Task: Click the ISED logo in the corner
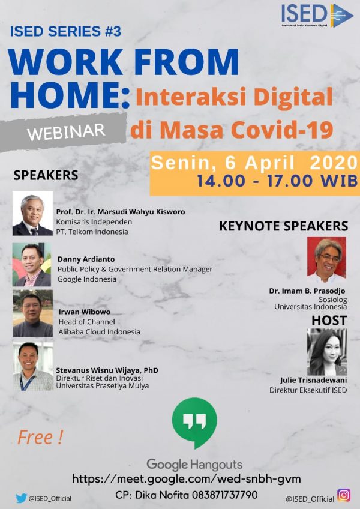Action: (x=317, y=15)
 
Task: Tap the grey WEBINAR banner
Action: (x=64, y=132)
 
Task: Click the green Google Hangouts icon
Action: (x=194, y=423)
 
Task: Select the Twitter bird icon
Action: (x=21, y=498)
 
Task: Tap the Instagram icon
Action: (x=344, y=495)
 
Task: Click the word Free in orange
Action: (x=35, y=437)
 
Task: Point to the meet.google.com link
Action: (x=187, y=478)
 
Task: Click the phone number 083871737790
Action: (x=224, y=495)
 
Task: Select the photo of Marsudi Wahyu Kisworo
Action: (x=32, y=213)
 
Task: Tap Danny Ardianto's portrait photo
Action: (x=32, y=265)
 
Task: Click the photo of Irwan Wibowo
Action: (x=32, y=313)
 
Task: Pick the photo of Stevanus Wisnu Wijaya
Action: (x=33, y=366)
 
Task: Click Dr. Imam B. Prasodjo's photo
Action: (x=326, y=260)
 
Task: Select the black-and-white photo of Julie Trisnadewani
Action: (x=327, y=352)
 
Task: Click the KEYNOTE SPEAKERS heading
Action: (x=283, y=226)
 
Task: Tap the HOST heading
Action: (x=329, y=321)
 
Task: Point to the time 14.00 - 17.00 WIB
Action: (x=277, y=181)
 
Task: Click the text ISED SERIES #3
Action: (x=65, y=31)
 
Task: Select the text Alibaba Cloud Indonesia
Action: (x=100, y=332)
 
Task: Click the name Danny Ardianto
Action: (x=86, y=259)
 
